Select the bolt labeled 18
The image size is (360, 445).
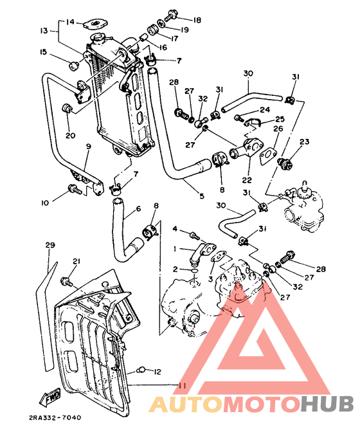pyautogui.click(x=172, y=14)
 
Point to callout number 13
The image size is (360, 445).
pyautogui.click(x=44, y=30)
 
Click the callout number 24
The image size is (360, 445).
pyautogui.click(x=265, y=109)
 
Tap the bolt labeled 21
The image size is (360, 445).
pyautogui.click(x=65, y=281)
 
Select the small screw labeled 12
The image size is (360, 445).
pyautogui.click(x=143, y=370)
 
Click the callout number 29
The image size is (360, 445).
pyautogui.click(x=50, y=246)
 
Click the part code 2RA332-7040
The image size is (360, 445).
pyautogui.click(x=54, y=417)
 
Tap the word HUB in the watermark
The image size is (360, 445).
pyautogui.click(x=327, y=403)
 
